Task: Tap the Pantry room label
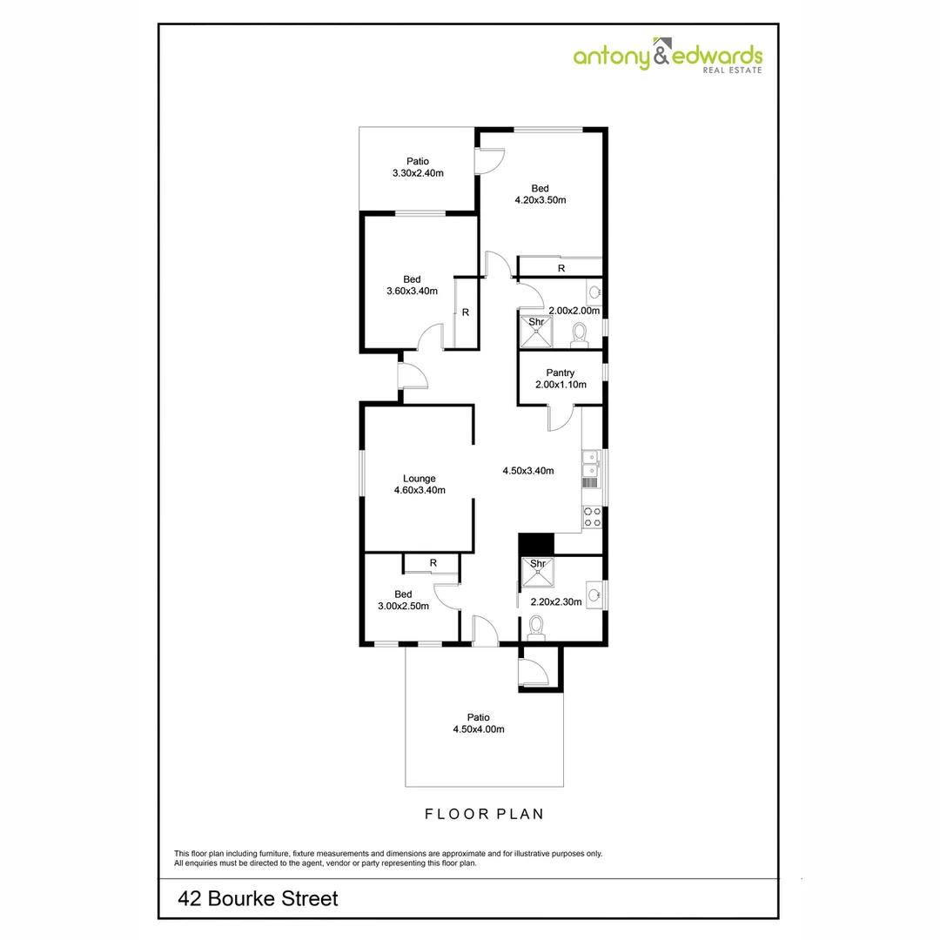[x=561, y=373]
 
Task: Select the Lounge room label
[x=419, y=478]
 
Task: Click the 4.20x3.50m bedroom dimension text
[x=540, y=200]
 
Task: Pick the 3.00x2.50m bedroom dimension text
[x=403, y=607]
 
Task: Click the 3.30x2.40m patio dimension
[x=418, y=172]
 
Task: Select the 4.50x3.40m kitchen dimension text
[x=528, y=471]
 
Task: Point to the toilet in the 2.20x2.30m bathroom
[x=536, y=627]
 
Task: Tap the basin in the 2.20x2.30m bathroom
[x=594, y=595]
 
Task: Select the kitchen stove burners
[x=591, y=517]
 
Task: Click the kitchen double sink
[x=590, y=464]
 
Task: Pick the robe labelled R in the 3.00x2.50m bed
[x=432, y=564]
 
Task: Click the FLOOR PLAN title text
[x=484, y=815]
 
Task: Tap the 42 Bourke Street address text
[x=258, y=898]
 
